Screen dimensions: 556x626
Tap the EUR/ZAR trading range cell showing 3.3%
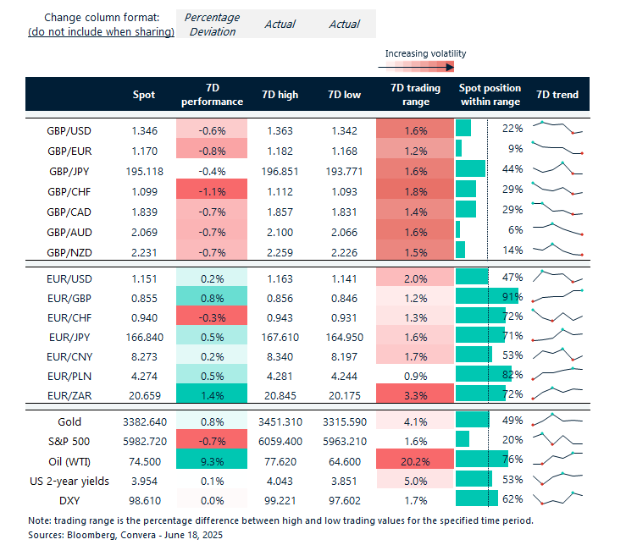pyautogui.click(x=410, y=394)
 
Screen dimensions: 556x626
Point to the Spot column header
pyautogui.click(x=144, y=95)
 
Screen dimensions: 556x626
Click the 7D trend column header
pyautogui.click(x=557, y=95)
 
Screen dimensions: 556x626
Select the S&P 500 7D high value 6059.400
pyautogui.click(x=278, y=440)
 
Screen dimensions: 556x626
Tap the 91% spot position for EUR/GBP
pyautogui.click(x=512, y=297)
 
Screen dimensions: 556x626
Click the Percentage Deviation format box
pyautogui.click(x=212, y=24)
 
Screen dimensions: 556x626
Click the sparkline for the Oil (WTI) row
pyautogui.click(x=557, y=459)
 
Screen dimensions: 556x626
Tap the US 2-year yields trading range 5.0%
pyautogui.click(x=410, y=479)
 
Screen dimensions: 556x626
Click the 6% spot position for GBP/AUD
pyautogui.click(x=512, y=229)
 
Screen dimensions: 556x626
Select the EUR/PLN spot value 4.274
pyautogui.click(x=144, y=374)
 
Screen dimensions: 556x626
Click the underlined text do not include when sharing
pyautogui.click(x=102, y=32)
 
